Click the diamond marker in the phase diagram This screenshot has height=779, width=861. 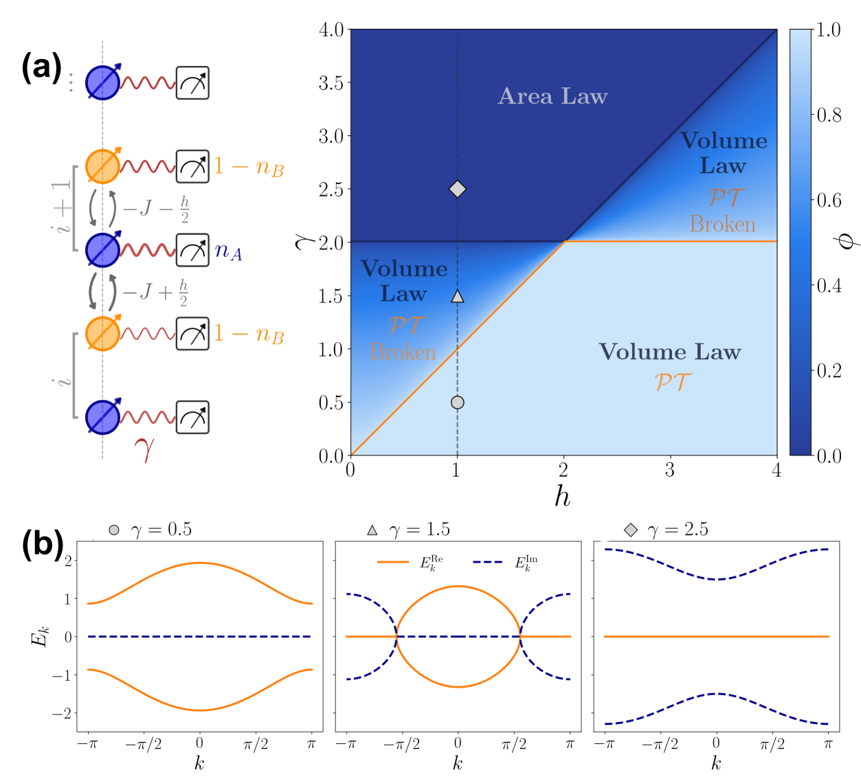pyautogui.click(x=458, y=189)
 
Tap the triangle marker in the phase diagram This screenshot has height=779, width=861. pyautogui.click(x=458, y=296)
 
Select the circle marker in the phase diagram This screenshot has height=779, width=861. pyautogui.click(x=458, y=403)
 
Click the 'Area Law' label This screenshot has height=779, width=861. pyautogui.click(x=552, y=96)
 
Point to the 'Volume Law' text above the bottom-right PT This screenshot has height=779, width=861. pyautogui.click(x=670, y=352)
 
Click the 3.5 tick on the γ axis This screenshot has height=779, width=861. pyautogui.click(x=331, y=83)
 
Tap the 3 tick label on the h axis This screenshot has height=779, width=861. pyautogui.click(x=670, y=471)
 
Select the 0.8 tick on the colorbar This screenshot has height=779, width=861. pyautogui.click(x=829, y=115)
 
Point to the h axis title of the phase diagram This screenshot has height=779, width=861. pyautogui.click(x=563, y=495)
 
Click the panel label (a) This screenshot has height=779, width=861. pyautogui.click(x=41, y=68)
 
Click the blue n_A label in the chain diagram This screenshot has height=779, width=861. pyautogui.click(x=228, y=251)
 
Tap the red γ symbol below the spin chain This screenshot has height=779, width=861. pyautogui.click(x=144, y=449)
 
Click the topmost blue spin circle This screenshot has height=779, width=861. pyautogui.click(x=102, y=83)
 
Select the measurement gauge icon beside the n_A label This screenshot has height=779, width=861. pyautogui.click(x=192, y=250)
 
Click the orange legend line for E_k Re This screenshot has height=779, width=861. pyautogui.click(x=393, y=563)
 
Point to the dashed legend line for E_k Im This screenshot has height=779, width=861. pyautogui.click(x=489, y=563)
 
